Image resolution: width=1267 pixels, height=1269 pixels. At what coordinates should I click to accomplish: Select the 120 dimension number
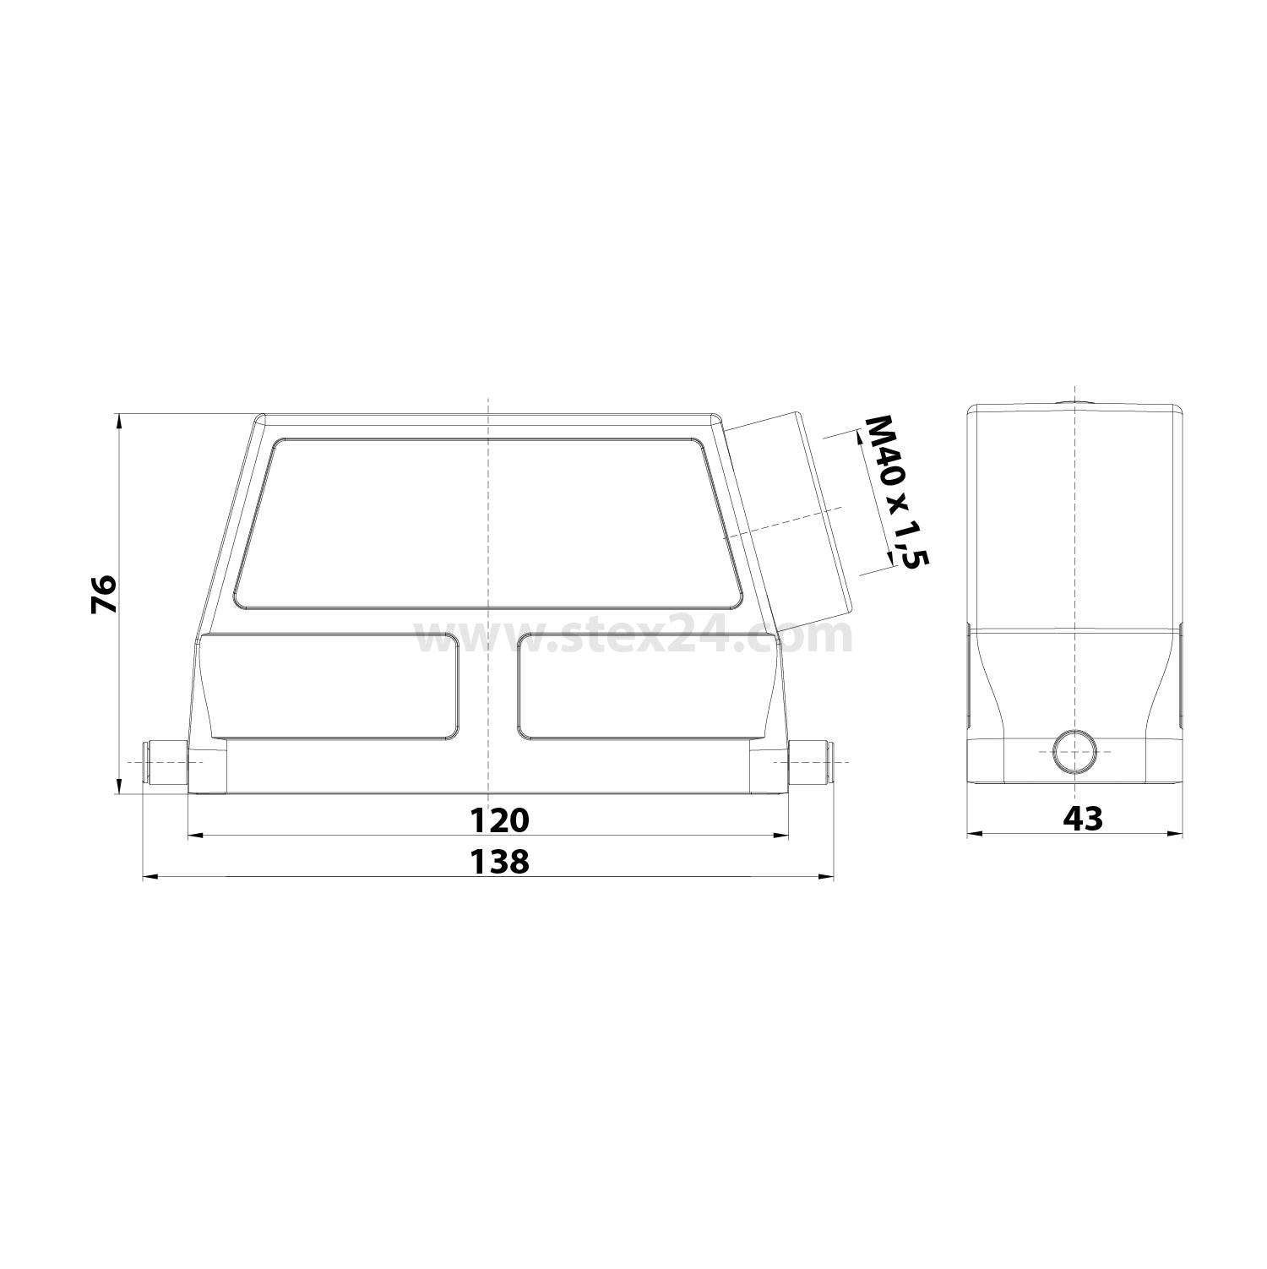(x=498, y=820)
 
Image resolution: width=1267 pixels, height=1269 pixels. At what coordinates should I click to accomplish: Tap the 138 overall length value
(x=498, y=862)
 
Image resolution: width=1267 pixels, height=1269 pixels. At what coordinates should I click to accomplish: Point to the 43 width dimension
(x=1083, y=818)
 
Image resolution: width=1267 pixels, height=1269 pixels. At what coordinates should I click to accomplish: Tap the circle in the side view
(x=1074, y=750)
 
